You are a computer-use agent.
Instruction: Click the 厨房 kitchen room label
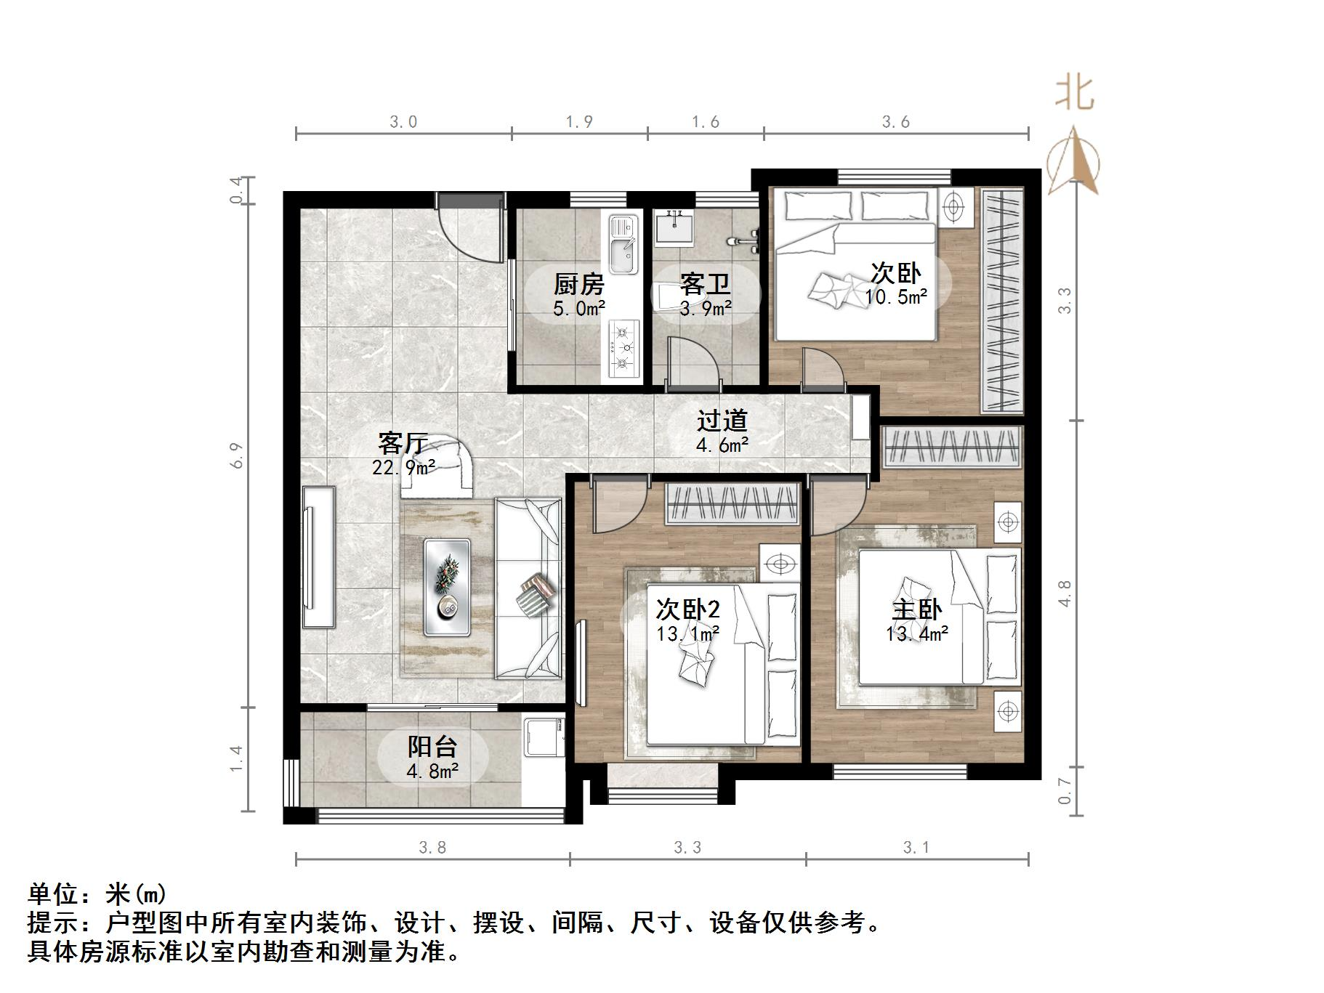(578, 283)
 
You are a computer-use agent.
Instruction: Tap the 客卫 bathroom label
(705, 283)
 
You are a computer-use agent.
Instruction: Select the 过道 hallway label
(722, 421)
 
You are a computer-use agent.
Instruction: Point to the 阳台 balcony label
(432, 747)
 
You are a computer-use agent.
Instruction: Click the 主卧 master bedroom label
(916, 609)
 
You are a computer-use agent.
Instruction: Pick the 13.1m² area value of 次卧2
(687, 634)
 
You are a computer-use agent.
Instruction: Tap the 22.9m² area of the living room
(403, 467)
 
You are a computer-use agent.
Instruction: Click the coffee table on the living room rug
(447, 587)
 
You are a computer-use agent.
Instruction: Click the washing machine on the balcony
(544, 737)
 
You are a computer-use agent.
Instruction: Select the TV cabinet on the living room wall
(318, 556)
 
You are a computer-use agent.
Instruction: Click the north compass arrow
(1074, 161)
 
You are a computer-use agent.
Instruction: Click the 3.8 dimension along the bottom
(432, 847)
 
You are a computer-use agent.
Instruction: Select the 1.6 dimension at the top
(705, 122)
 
